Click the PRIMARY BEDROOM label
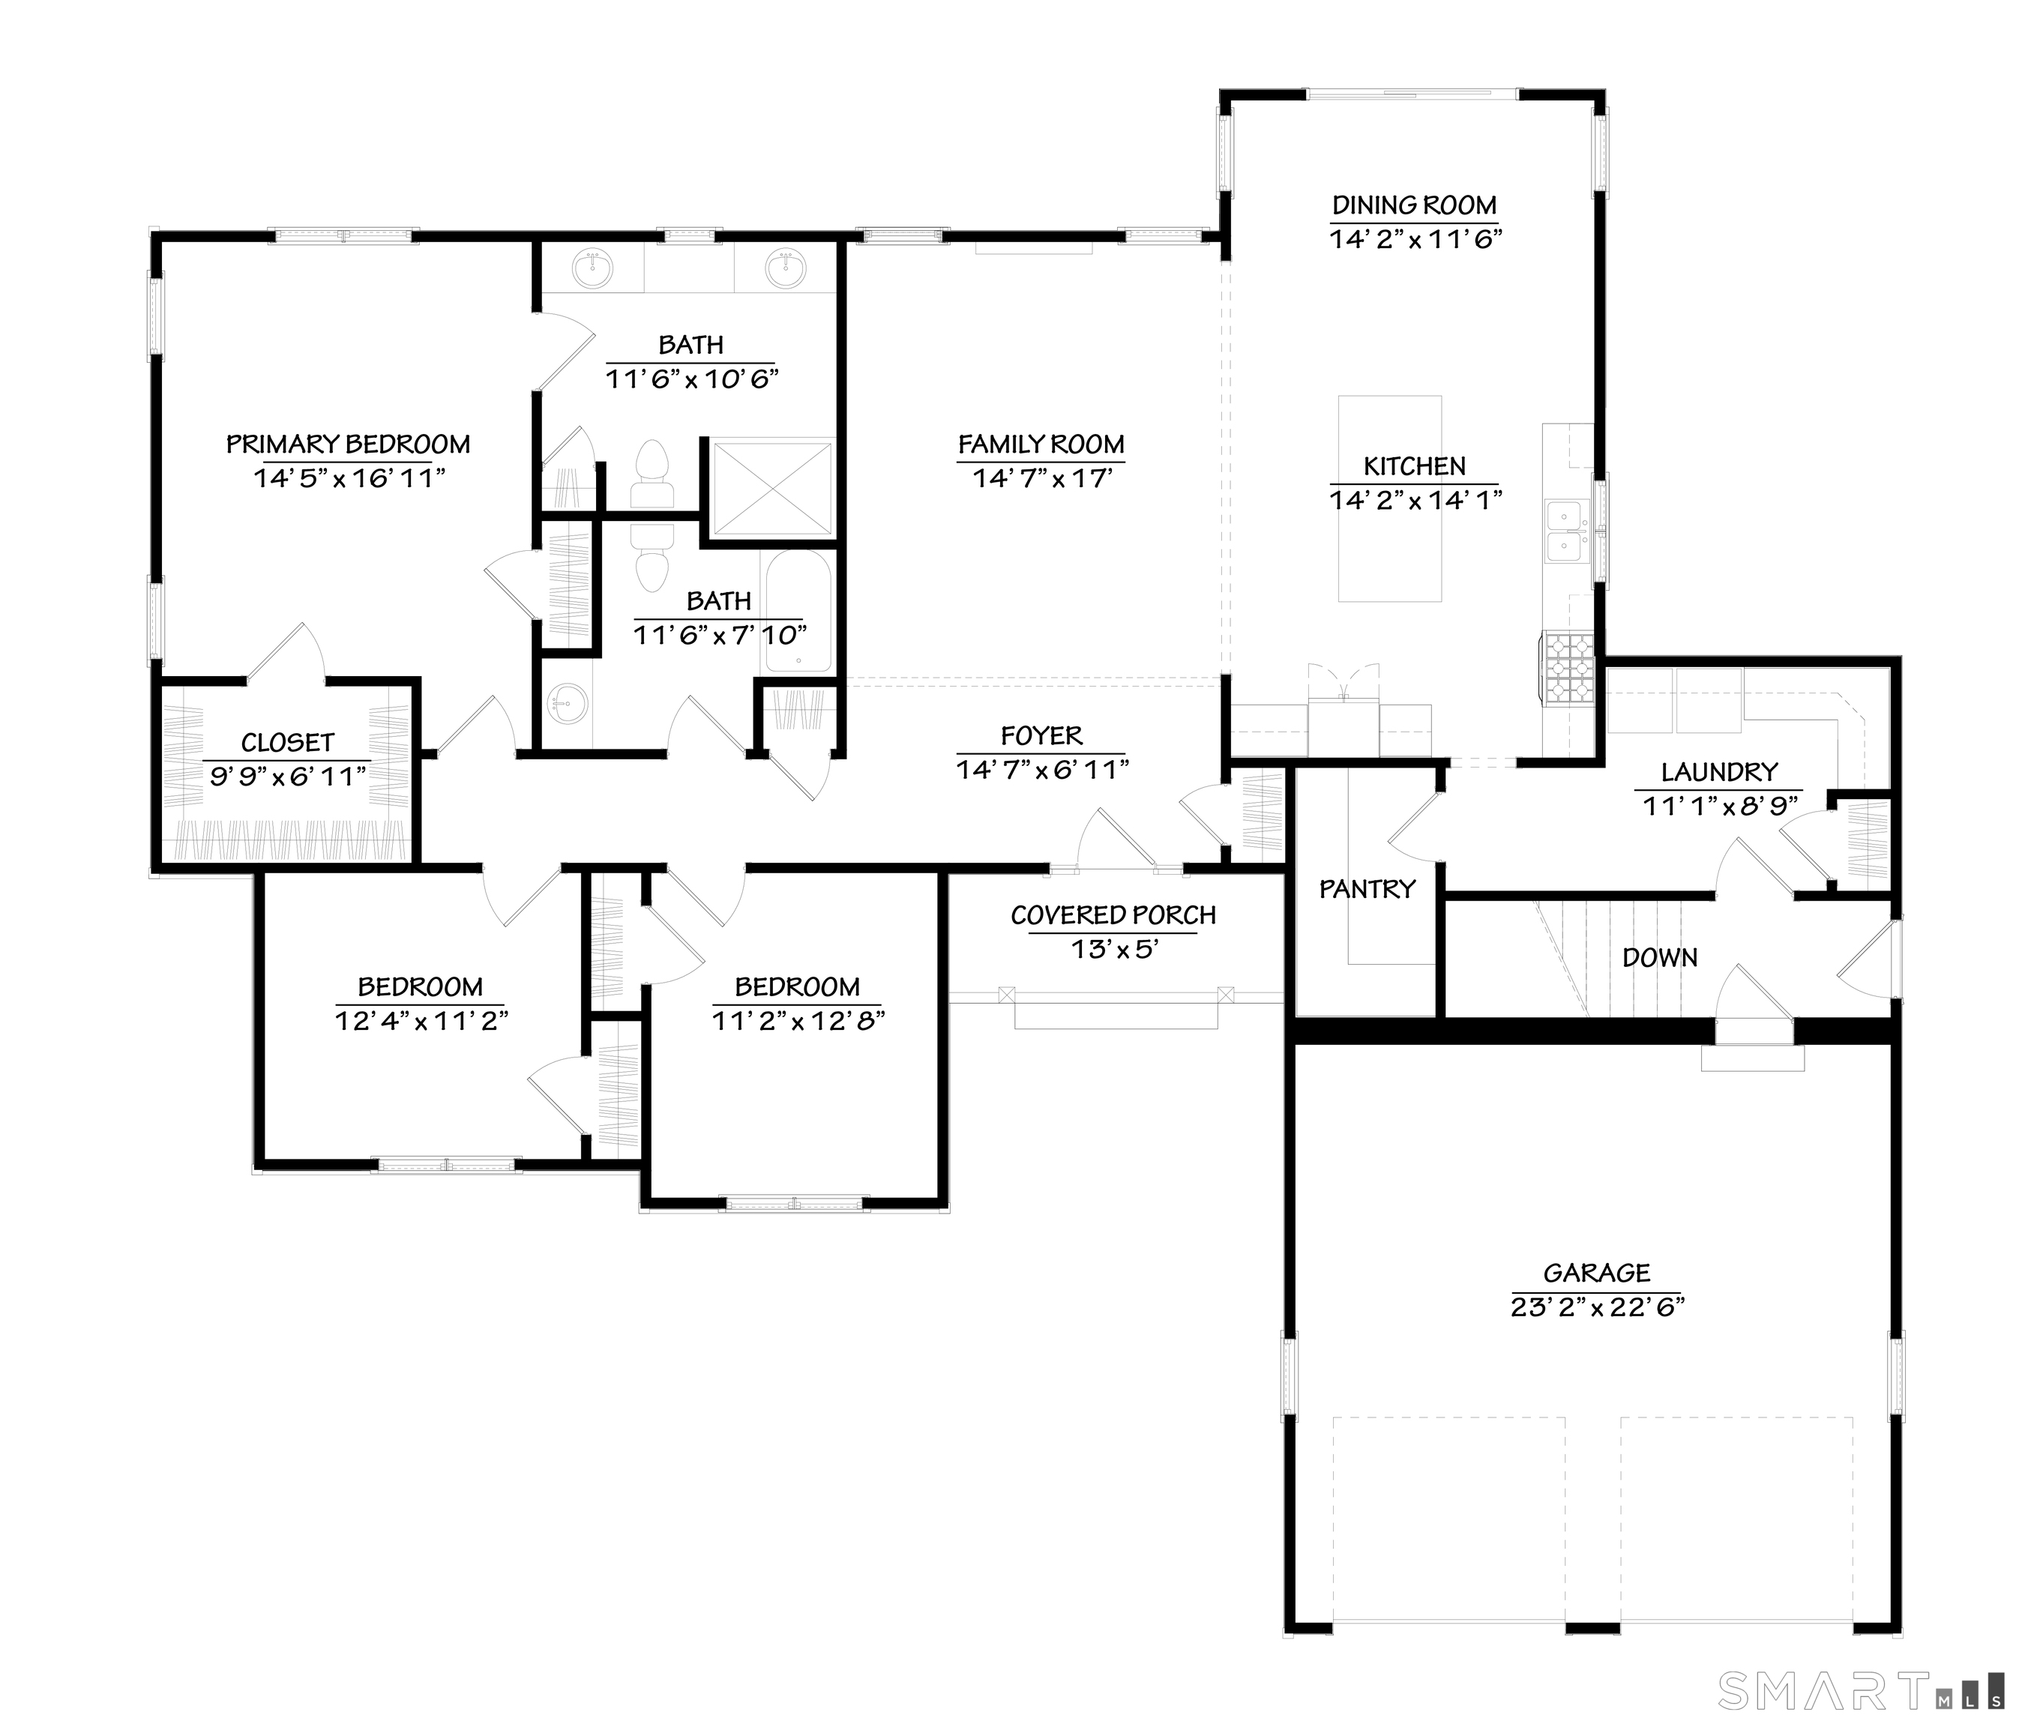pyautogui.click(x=349, y=445)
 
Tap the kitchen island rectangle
pyautogui.click(x=1390, y=498)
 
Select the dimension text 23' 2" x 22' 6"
pyautogui.click(x=1598, y=1307)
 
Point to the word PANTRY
pyautogui.click(x=1367, y=889)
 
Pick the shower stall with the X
pyautogui.click(x=773, y=488)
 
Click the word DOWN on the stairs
pyautogui.click(x=1660, y=958)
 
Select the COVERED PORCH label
pyautogui.click(x=1113, y=915)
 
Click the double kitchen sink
pyautogui.click(x=1565, y=531)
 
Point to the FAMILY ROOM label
pyautogui.click(x=1041, y=445)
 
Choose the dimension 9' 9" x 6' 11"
pyautogui.click(x=288, y=777)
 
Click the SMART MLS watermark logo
pyautogui.click(x=1859, y=1691)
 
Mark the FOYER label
pyautogui.click(x=1042, y=735)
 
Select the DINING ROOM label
pyautogui.click(x=1415, y=206)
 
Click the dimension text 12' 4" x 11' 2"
pyautogui.click(x=421, y=1021)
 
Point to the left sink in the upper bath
pyautogui.click(x=592, y=268)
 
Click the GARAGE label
pyautogui.click(x=1598, y=1274)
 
